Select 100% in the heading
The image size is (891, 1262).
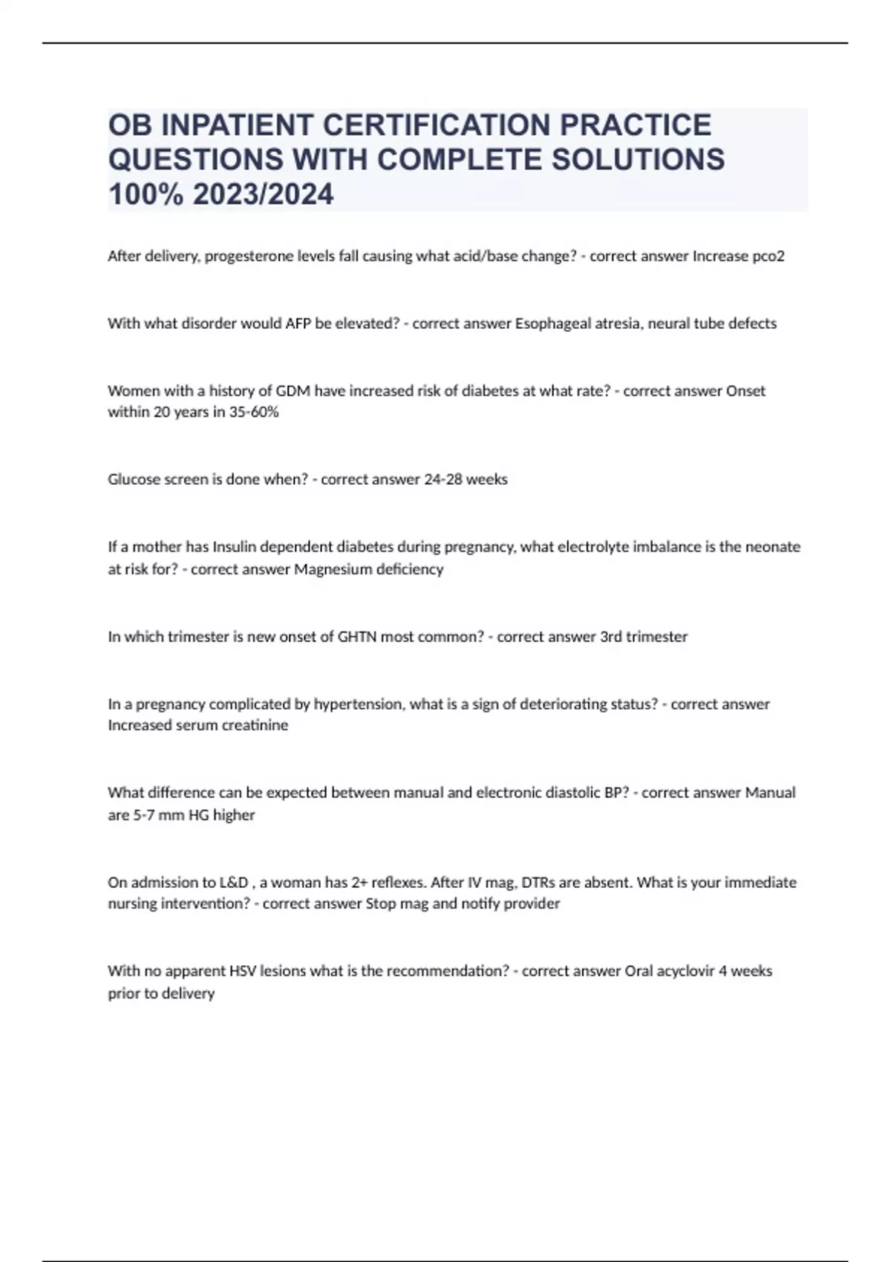[x=146, y=194]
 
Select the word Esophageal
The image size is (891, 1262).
[x=548, y=324]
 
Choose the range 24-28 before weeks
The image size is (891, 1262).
[x=443, y=480]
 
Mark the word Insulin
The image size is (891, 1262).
[x=235, y=547]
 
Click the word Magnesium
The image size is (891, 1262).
[x=327, y=569]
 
